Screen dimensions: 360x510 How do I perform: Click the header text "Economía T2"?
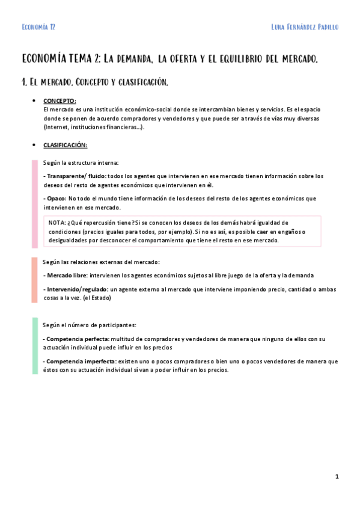click(x=38, y=27)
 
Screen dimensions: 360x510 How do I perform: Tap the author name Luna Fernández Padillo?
click(x=305, y=27)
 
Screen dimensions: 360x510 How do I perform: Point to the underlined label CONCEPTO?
click(x=59, y=100)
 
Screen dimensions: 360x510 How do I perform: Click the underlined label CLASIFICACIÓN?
click(x=65, y=145)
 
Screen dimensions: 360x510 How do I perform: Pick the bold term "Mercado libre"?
click(x=67, y=275)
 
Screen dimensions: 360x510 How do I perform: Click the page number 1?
click(x=337, y=476)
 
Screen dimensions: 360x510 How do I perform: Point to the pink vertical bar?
click(x=35, y=202)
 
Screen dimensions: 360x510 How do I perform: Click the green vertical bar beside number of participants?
click(x=35, y=346)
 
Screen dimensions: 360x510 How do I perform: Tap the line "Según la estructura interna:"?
click(x=81, y=162)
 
